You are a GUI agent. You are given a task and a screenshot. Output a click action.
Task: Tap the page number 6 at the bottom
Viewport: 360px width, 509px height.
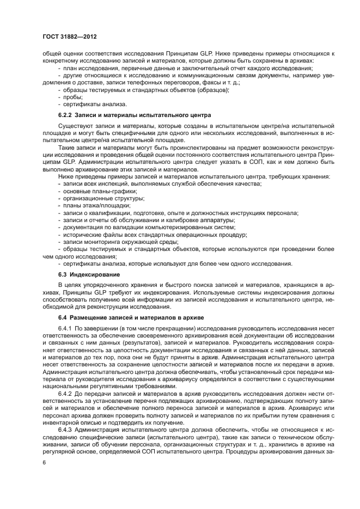tap(44, 462)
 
